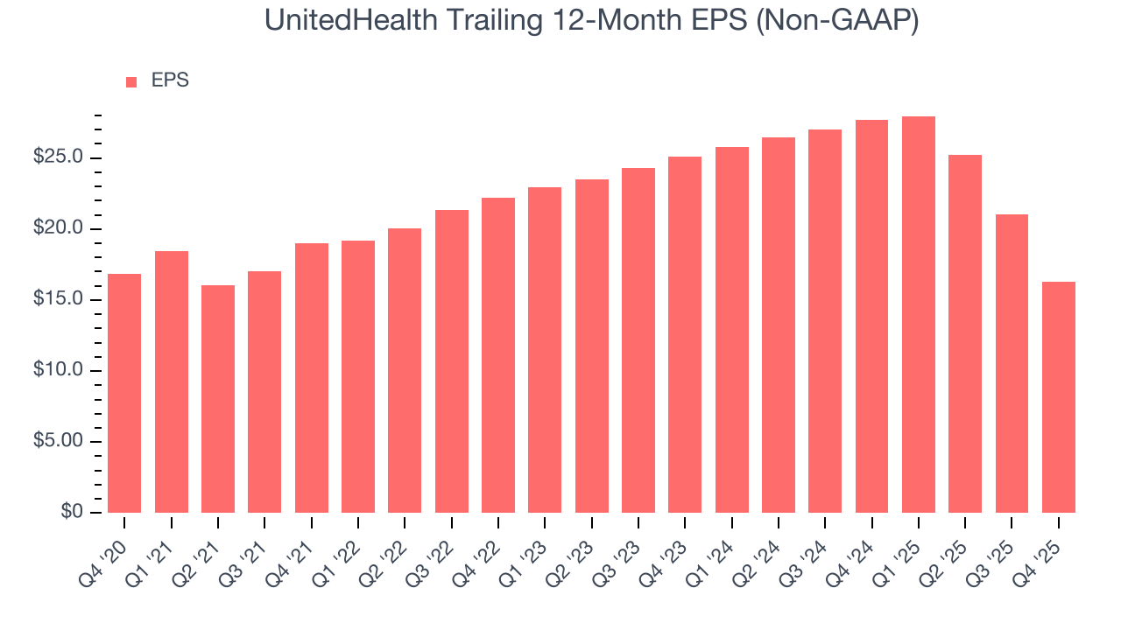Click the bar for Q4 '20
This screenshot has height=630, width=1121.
pos(124,393)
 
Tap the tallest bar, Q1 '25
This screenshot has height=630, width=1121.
pos(918,314)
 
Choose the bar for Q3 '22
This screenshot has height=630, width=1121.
pos(451,360)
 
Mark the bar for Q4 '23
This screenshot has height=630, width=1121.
pos(685,334)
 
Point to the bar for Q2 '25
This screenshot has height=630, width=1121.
pos(965,333)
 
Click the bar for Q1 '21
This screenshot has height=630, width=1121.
pos(172,381)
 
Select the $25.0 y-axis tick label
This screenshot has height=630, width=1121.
pos(59,157)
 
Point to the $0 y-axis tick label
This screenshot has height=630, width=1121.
pos(73,512)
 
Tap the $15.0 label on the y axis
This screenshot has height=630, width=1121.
pos(59,299)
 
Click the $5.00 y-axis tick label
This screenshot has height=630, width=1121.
pos(59,441)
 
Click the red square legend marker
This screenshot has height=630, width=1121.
pos(131,81)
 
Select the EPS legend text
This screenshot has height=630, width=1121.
pos(170,80)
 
